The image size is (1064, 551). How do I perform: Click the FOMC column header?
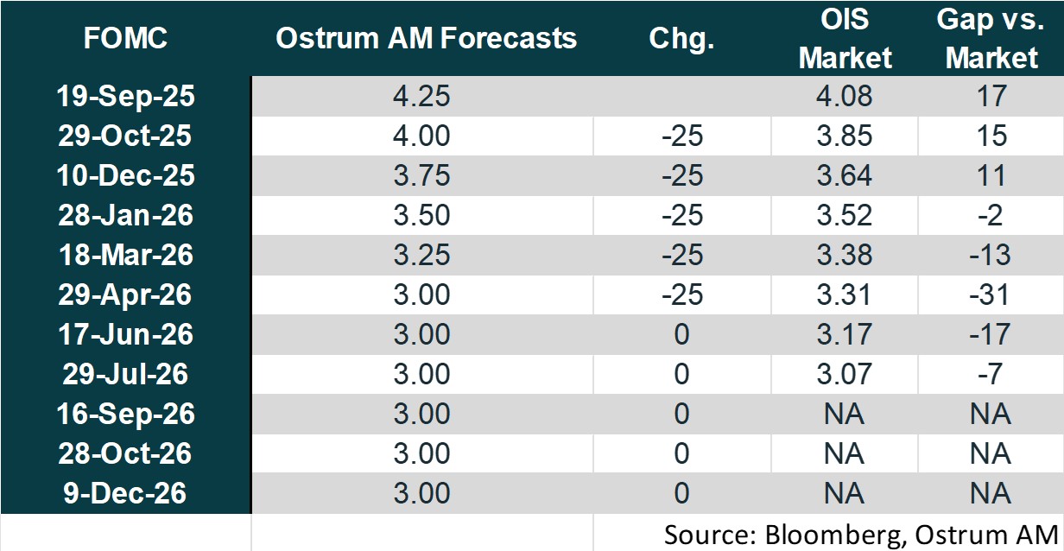(x=126, y=39)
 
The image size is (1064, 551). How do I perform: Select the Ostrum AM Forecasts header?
(x=426, y=39)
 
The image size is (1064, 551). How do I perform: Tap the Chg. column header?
(x=681, y=39)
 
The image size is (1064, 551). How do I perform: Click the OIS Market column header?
(x=845, y=39)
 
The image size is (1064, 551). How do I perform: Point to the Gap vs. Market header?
(x=991, y=39)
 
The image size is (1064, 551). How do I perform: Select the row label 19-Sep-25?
(x=126, y=96)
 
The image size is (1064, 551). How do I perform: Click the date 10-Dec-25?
(x=126, y=175)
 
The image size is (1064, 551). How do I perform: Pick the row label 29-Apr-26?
(x=126, y=294)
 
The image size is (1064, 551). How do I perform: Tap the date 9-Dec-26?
(x=126, y=493)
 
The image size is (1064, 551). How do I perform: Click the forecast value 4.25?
(x=422, y=96)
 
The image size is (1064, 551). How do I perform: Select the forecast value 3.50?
(x=422, y=215)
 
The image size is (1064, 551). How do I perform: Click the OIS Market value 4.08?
(x=845, y=96)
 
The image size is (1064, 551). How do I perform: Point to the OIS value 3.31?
(x=845, y=294)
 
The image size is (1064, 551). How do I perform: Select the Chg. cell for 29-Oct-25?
(x=681, y=136)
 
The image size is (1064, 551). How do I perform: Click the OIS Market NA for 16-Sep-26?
(x=845, y=414)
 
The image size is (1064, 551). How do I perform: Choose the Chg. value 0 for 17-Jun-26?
(x=681, y=334)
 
